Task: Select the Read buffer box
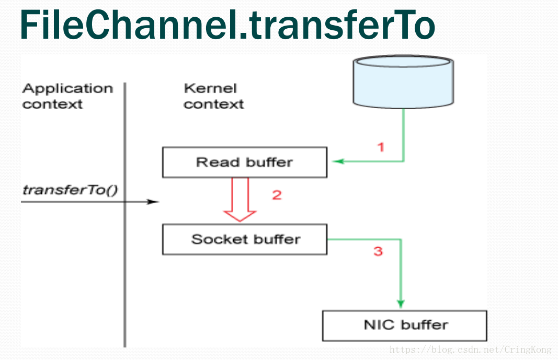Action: coord(244,162)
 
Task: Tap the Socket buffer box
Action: coord(244,240)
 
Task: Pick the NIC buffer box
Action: coord(404,326)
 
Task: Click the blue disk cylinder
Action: coord(403,82)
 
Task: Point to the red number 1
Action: coord(381,147)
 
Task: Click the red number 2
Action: coord(277,195)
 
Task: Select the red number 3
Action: coord(378,252)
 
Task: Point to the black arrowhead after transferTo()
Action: coord(153,202)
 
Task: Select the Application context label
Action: coord(67,96)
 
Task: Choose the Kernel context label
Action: coord(213,96)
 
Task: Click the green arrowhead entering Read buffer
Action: coord(338,161)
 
